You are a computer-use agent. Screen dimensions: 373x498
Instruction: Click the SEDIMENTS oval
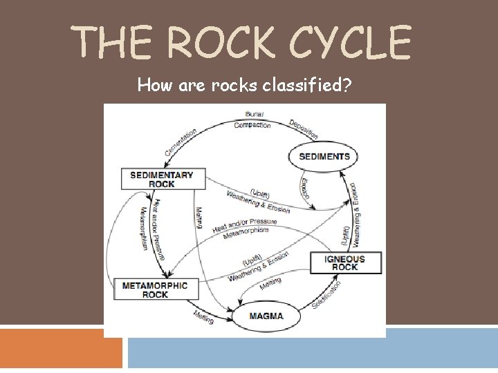pyautogui.click(x=324, y=156)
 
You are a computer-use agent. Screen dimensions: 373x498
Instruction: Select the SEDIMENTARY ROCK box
pyautogui.click(x=162, y=179)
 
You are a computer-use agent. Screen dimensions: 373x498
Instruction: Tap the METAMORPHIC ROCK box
pyautogui.click(x=155, y=289)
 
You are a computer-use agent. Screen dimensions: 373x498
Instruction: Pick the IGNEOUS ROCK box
pyautogui.click(x=344, y=262)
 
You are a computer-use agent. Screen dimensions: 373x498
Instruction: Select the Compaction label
pyautogui.click(x=252, y=125)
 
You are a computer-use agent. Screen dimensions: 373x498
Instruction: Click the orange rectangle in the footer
pyautogui.click(x=61, y=348)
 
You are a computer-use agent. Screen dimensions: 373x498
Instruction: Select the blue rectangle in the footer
pyautogui.click(x=312, y=348)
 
